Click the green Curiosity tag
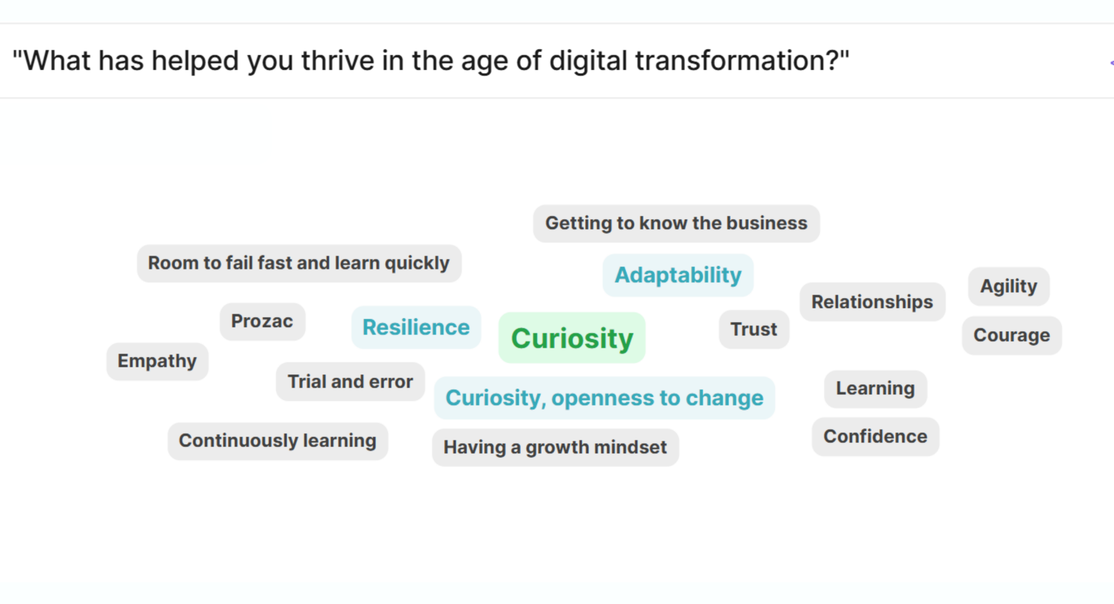[572, 338]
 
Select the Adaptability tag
[678, 275]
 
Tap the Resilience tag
[416, 327]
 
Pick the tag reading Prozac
[262, 321]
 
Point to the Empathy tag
[157, 361]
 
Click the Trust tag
[754, 329]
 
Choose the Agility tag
[1009, 286]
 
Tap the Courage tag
[1012, 335]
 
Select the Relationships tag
[872, 302]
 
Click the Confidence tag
[875, 437]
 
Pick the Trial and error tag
[350, 381]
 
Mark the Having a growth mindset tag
[555, 447]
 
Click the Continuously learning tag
[278, 441]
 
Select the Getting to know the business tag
[677, 223]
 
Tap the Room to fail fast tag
[299, 263]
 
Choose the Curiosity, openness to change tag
[604, 398]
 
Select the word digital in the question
[588, 61]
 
